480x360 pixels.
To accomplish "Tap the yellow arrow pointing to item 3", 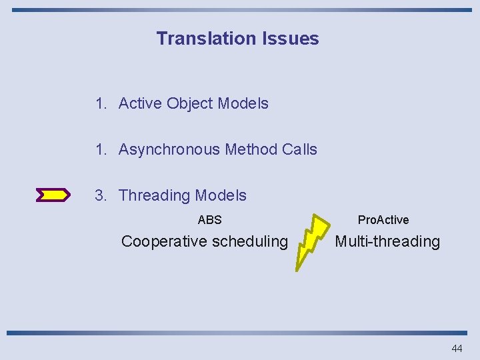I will point(53,195).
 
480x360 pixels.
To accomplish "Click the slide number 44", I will point(457,348).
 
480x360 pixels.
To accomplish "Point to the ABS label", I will point(209,219).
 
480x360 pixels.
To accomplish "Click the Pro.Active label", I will point(383,219).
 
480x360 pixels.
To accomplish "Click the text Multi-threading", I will point(387,241).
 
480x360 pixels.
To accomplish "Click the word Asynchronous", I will point(169,149).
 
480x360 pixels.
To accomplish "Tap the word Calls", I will point(299,149).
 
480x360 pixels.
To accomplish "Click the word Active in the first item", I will point(140,103).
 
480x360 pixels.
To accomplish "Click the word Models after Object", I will point(243,103).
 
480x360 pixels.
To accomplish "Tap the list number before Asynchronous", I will point(101,149).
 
